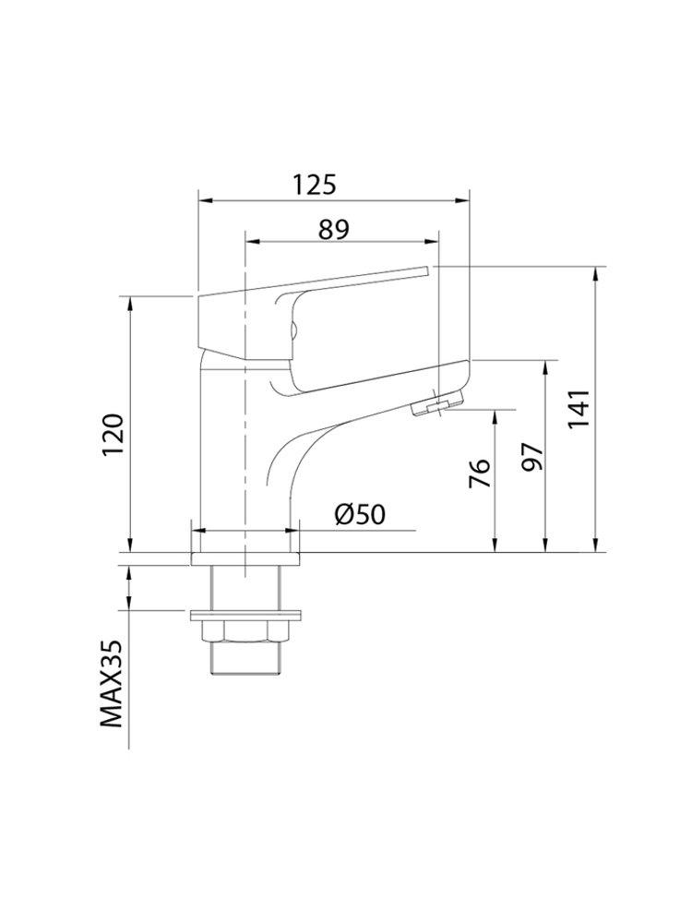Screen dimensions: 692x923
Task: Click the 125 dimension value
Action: (316, 185)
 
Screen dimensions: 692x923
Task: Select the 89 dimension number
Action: (334, 230)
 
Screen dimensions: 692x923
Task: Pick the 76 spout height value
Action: (480, 473)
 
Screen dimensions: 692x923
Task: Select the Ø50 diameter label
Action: (360, 514)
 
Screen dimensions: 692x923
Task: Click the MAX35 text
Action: (112, 684)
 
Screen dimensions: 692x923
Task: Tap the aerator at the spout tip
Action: (436, 406)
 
